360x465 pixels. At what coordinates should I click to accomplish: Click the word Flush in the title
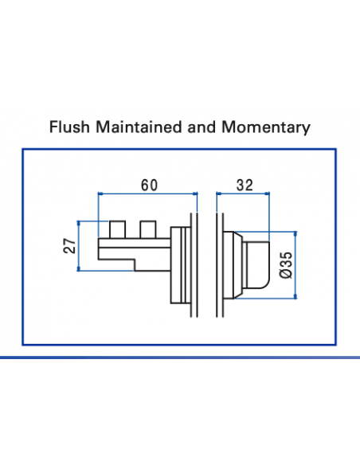pyautogui.click(x=67, y=127)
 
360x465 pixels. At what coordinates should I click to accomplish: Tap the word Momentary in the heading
pyautogui.click(x=268, y=127)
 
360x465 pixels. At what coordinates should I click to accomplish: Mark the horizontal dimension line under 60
pyautogui.click(x=147, y=193)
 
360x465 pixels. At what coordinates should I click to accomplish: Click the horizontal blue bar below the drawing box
pyautogui.click(x=180, y=358)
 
